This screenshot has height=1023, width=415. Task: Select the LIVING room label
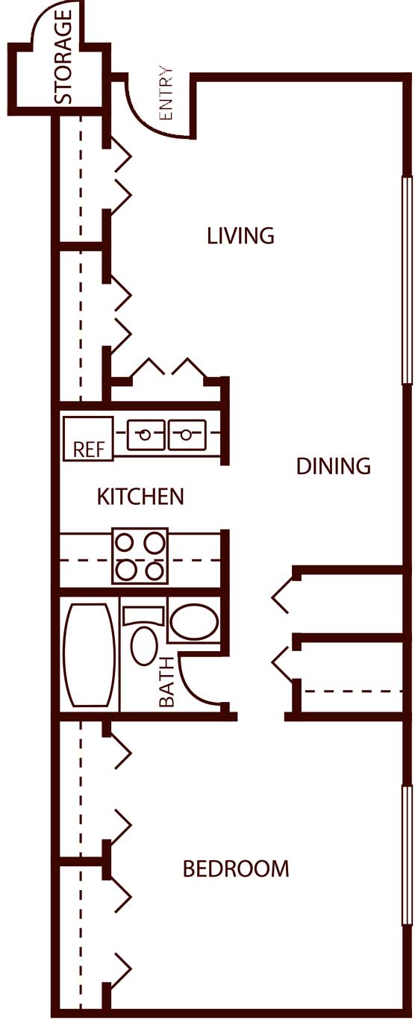tap(240, 236)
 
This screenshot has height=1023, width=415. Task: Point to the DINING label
tap(334, 466)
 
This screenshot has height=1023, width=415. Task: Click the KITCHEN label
tap(140, 497)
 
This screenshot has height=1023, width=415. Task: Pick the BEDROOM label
tap(236, 868)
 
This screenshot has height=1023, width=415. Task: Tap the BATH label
tap(167, 682)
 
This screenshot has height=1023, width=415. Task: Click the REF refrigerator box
tap(88, 438)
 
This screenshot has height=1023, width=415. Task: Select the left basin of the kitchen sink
tap(146, 435)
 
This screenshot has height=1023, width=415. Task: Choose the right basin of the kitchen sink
tap(187, 435)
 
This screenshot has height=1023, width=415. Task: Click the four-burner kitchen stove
tap(140, 556)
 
